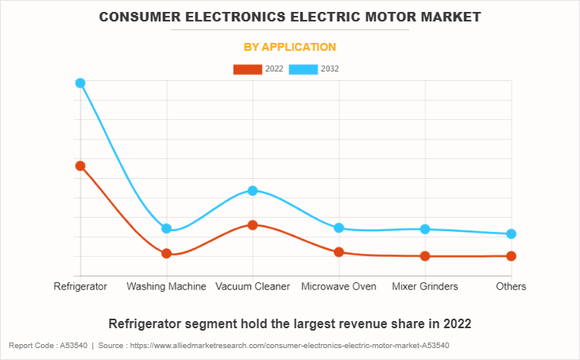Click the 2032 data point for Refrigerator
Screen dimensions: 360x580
click(x=80, y=83)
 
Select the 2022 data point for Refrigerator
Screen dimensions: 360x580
click(x=80, y=165)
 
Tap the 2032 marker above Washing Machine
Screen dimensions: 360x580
click(x=167, y=228)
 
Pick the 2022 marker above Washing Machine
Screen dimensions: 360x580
click(x=167, y=254)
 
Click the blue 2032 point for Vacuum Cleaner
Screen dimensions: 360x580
click(x=253, y=190)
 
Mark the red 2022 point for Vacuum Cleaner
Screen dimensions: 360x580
click(x=253, y=225)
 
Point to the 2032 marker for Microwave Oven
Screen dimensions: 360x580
click(x=339, y=228)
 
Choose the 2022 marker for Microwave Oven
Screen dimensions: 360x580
click(x=339, y=252)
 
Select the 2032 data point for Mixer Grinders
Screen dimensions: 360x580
click(x=425, y=229)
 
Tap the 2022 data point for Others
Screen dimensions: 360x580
click(x=512, y=256)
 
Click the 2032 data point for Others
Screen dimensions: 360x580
click(x=512, y=234)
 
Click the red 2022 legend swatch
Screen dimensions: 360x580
click(x=247, y=69)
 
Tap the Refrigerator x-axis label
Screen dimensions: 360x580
click(x=80, y=286)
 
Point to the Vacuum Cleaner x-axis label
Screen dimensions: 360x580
click(x=253, y=286)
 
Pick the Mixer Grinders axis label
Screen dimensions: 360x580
click(x=425, y=286)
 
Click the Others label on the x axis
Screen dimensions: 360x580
click(x=511, y=286)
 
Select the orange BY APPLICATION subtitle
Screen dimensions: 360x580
click(x=290, y=47)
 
